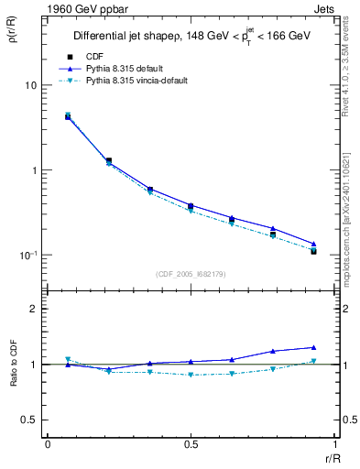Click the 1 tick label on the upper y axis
point(33,170)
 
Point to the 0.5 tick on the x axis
point(191,444)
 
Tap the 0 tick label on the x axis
point(48,444)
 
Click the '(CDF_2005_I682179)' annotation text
point(191,273)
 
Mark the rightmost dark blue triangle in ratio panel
point(313,347)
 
